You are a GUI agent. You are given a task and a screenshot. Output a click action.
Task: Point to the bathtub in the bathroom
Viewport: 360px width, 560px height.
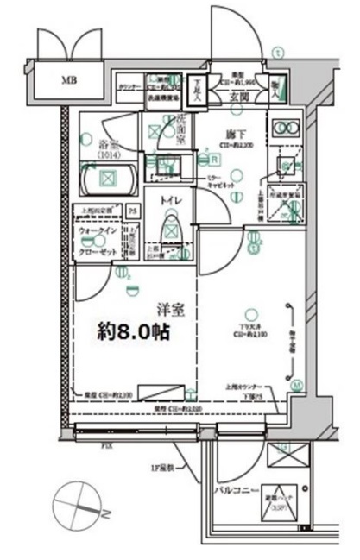click(x=108, y=179)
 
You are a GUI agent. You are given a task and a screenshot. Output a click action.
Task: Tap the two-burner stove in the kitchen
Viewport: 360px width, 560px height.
click(x=283, y=128)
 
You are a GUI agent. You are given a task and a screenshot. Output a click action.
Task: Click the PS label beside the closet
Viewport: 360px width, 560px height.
click(x=133, y=211)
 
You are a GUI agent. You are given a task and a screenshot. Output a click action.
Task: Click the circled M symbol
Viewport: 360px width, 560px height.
click(x=294, y=384)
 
